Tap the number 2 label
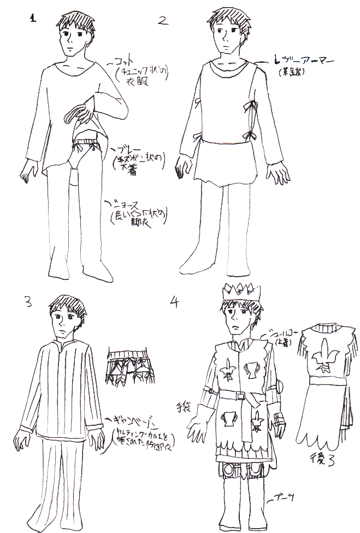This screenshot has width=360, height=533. [x=162, y=21]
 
